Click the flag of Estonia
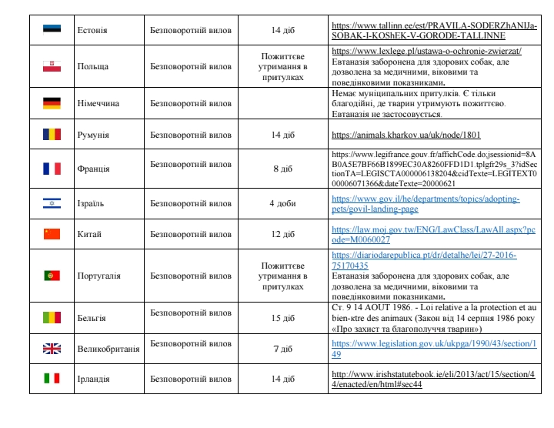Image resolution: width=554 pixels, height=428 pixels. [x=52, y=30]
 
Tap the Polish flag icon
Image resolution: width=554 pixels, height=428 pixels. [x=52, y=66]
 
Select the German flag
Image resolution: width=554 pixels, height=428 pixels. [x=52, y=102]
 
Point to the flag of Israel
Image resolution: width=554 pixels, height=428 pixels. [x=52, y=203]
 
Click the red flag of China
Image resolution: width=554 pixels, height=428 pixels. [x=52, y=233]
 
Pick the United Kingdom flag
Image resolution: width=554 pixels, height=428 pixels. [x=52, y=348]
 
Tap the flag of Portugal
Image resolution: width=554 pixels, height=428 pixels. [x=52, y=275]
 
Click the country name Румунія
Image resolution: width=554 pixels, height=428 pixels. [x=94, y=135]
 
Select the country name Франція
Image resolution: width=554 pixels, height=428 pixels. [x=94, y=169]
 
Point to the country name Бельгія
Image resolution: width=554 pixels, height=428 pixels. [x=92, y=317]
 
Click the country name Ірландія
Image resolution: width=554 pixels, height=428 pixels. [x=93, y=379]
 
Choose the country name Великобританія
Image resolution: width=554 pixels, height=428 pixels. [x=108, y=349]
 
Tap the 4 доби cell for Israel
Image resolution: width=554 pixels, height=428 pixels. [x=282, y=203]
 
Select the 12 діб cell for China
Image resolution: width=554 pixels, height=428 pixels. [x=282, y=233]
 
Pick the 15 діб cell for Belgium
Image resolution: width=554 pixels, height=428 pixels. [x=282, y=317]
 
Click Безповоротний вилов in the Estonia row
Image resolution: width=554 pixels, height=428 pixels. [x=190, y=30]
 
